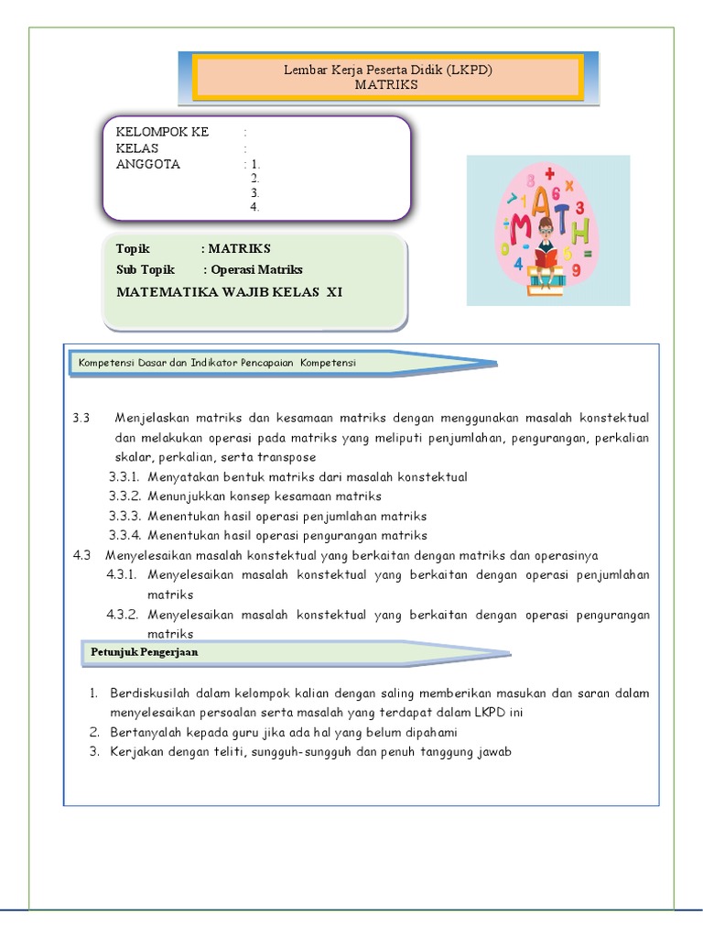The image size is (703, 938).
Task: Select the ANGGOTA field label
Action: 148,165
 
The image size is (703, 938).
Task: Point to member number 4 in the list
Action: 255,207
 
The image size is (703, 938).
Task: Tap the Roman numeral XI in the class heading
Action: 334,291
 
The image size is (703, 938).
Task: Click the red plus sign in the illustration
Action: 549,173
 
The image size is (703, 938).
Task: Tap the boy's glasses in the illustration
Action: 546,233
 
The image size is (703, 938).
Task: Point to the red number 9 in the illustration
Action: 576,270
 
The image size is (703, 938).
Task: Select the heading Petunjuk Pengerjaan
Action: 145,652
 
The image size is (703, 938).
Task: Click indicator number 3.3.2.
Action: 123,496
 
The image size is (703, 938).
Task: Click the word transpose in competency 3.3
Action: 285,457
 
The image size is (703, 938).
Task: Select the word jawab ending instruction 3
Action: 494,752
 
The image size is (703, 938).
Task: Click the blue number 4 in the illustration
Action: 518,263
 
